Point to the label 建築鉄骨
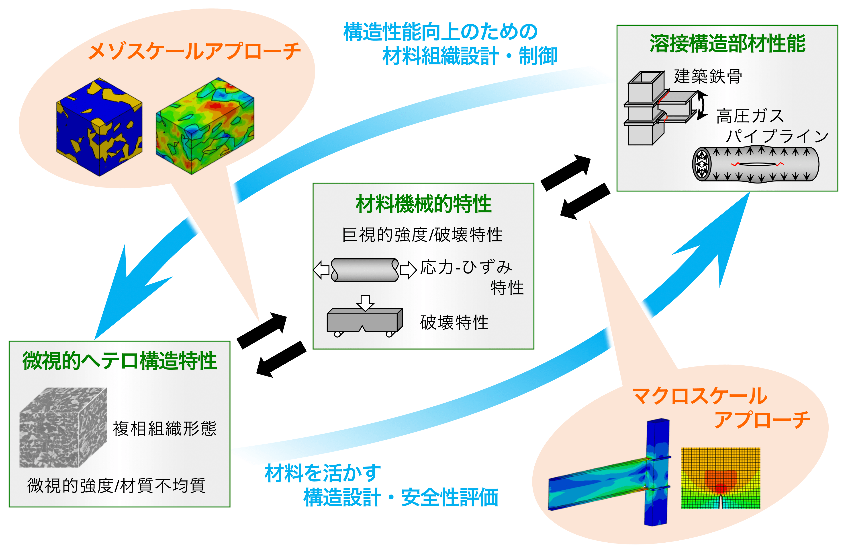coord(708,76)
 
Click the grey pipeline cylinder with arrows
coord(755,164)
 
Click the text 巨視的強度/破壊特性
coord(422,235)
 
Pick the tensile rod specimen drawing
coord(365,270)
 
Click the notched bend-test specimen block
coord(364,320)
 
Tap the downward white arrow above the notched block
coord(365,303)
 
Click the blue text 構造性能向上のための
coord(440,32)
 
